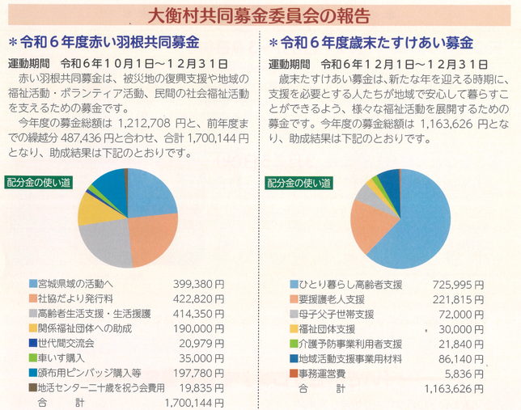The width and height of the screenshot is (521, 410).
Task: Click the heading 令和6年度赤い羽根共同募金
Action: (x=109, y=42)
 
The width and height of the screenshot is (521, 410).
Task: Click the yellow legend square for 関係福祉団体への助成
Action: (x=32, y=328)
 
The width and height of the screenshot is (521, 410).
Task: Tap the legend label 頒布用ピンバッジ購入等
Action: (x=90, y=371)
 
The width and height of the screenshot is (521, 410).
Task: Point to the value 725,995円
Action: (x=457, y=285)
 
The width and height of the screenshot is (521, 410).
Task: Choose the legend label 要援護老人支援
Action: (x=333, y=299)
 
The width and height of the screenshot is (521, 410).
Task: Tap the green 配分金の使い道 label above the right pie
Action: (x=298, y=183)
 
